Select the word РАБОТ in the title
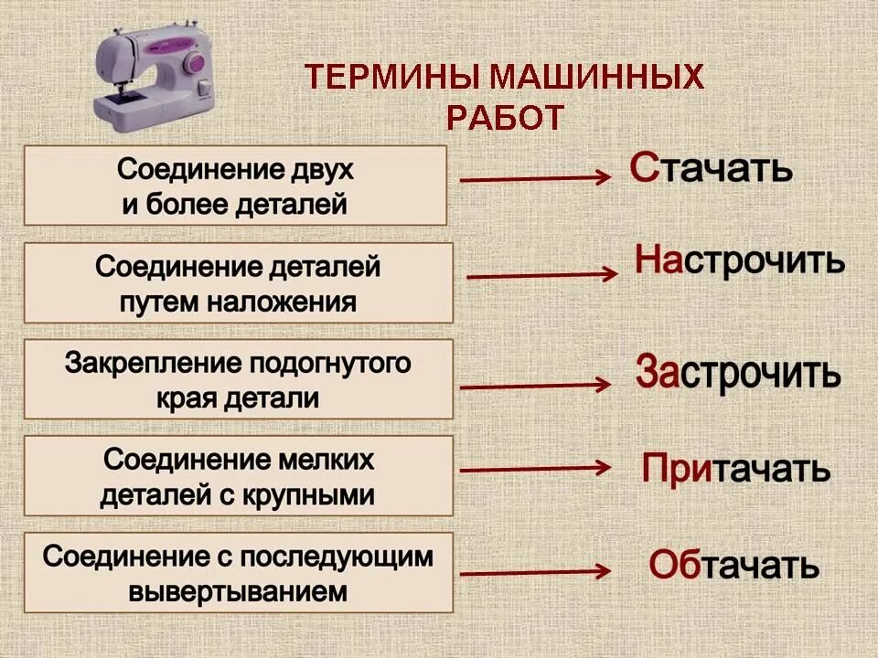click(x=505, y=117)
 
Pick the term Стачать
click(x=712, y=168)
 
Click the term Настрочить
click(x=739, y=261)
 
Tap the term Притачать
click(x=735, y=469)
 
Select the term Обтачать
click(x=733, y=566)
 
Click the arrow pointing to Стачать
click(x=535, y=179)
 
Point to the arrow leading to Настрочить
click(x=541, y=274)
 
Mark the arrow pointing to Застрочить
click(x=535, y=386)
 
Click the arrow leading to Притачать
click(x=535, y=469)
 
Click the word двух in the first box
click(x=320, y=170)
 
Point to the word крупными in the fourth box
click(x=316, y=495)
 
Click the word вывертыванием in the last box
click(x=238, y=590)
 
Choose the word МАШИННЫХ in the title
click(x=597, y=77)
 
